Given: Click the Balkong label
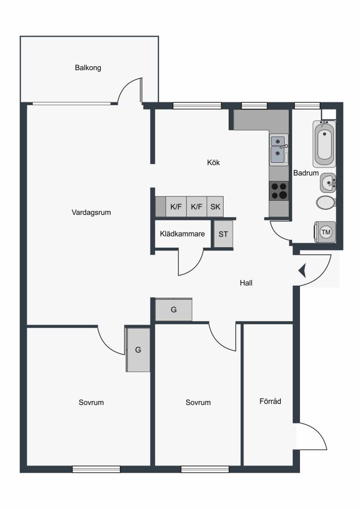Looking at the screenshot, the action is click(x=88, y=68).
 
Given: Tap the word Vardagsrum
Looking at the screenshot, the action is click(x=91, y=213).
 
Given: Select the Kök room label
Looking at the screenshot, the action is click(x=213, y=162).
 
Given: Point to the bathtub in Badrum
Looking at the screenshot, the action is click(x=324, y=144).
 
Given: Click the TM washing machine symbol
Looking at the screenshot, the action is click(x=325, y=232).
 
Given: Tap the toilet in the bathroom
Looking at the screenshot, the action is click(x=326, y=202).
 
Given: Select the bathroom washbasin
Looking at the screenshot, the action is click(x=328, y=183).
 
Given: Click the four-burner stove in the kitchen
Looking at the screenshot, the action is click(x=279, y=191).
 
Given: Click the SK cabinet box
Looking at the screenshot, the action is click(x=215, y=206).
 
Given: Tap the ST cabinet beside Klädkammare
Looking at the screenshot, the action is click(x=223, y=234).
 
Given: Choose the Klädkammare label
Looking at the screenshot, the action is click(x=182, y=234).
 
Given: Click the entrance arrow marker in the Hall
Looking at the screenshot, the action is click(x=302, y=271).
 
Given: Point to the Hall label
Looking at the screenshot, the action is click(x=246, y=283).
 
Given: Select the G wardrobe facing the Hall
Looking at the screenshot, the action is click(x=174, y=310).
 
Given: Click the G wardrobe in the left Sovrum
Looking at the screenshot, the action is click(x=138, y=350).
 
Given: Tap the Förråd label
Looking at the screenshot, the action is click(x=270, y=401).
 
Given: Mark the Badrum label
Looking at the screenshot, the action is click(x=306, y=173).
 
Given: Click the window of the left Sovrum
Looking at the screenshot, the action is click(x=96, y=469).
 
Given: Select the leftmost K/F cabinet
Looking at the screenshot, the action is click(x=176, y=206).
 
